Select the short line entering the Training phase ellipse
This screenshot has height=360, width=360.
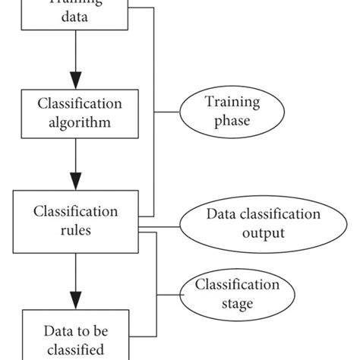tap(169, 112)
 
